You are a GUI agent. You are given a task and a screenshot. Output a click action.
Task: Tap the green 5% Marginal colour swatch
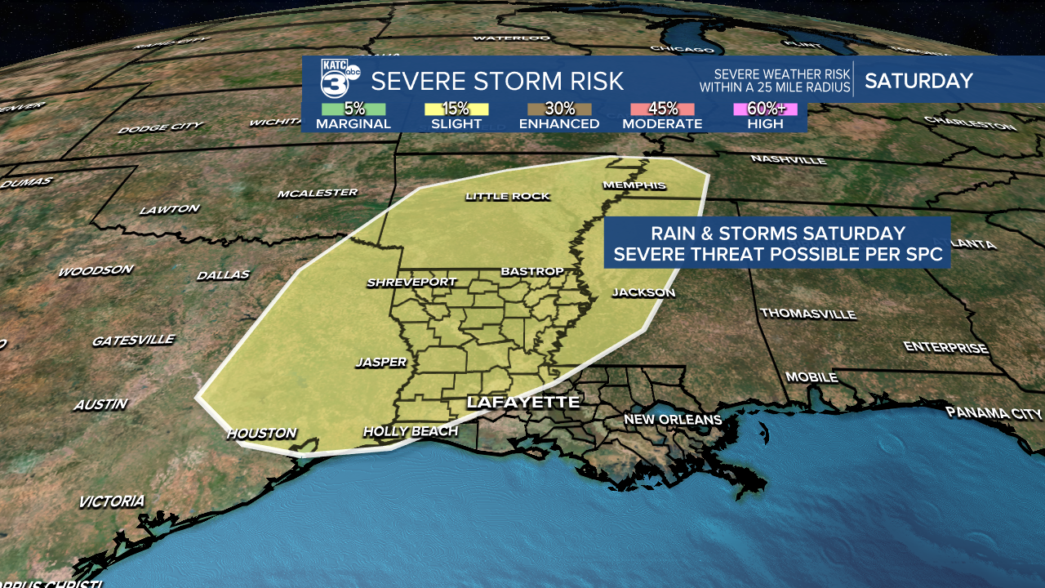pos(354,109)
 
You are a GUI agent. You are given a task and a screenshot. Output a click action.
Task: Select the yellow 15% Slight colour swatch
pos(456,109)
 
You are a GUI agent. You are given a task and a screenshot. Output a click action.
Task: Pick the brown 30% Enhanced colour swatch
pos(559,109)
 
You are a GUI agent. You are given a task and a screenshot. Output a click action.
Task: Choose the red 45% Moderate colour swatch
pos(662,109)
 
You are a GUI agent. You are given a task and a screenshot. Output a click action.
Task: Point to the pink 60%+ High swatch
pos(765,109)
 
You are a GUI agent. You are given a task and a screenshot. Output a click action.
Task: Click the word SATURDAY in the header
pos(918,81)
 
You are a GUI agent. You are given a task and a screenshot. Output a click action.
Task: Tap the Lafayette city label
pos(522,403)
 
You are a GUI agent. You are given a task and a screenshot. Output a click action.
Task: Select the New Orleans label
pos(673,420)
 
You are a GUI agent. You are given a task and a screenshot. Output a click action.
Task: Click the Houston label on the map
pos(261,434)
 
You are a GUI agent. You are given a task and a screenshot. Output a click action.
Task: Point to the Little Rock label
pos(507,196)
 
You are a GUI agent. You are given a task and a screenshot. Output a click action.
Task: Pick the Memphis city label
pos(634,185)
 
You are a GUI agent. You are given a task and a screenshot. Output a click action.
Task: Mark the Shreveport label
pos(411,283)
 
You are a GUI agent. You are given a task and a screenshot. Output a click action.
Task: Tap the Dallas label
pos(223,275)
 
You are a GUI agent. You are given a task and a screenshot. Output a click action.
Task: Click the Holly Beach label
pos(411,431)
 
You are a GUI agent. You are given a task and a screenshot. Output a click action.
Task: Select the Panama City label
pos(994,413)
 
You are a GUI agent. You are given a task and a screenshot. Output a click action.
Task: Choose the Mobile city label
pos(812,377)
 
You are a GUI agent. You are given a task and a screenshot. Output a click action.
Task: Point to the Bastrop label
pos(532,271)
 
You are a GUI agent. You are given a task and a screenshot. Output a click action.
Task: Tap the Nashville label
pos(788,159)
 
